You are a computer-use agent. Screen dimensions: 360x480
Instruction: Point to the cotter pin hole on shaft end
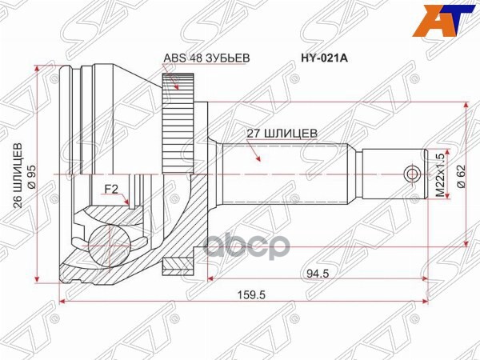(411, 174)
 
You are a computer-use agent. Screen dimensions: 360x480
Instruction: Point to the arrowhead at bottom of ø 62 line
(466, 242)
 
